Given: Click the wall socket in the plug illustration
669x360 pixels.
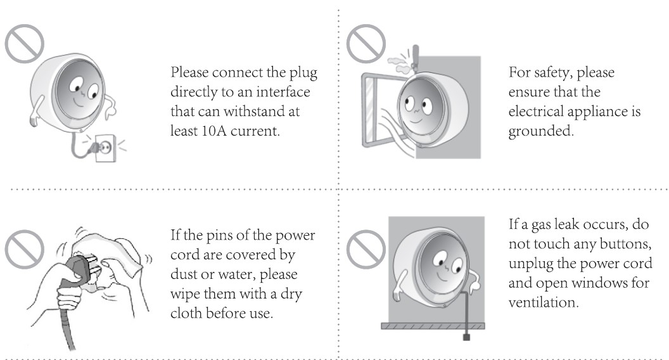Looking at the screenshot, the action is point(106,148).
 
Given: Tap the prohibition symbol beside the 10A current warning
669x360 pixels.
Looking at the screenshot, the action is point(24,44).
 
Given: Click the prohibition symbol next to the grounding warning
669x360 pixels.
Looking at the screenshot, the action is point(366,44).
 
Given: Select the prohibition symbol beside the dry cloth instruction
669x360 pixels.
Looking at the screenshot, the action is point(24,249).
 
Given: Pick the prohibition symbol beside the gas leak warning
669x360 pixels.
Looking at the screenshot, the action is point(366,249).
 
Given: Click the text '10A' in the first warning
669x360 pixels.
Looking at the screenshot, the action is point(213,131).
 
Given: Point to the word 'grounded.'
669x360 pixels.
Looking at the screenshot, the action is point(541,131).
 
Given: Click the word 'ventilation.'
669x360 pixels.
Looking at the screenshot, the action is point(544,302).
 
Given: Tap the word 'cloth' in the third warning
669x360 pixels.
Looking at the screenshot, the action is point(186,313).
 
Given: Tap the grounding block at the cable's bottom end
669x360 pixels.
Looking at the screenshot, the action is point(466,337).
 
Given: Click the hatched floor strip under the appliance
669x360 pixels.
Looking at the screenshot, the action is point(433,326).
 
